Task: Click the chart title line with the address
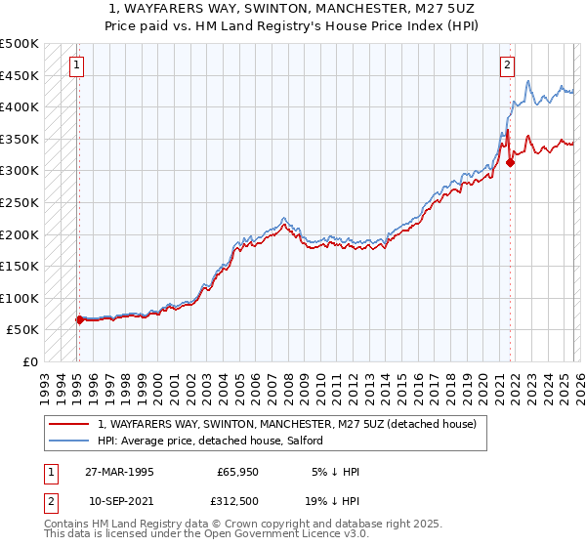tap(293, 7)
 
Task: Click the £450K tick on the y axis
tap(20, 75)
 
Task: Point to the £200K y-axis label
tap(20, 234)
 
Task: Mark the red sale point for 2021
tap(510, 163)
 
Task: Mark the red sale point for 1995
tap(79, 319)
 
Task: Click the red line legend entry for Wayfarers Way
tap(286, 424)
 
